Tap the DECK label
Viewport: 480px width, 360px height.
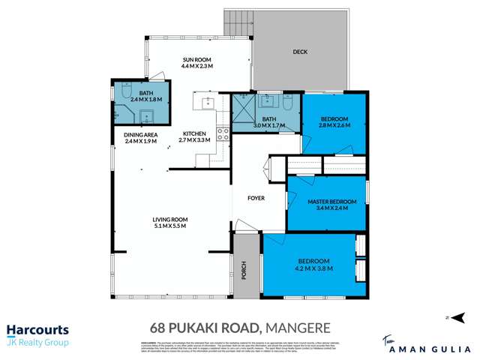click(300, 52)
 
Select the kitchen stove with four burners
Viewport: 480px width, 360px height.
click(223, 134)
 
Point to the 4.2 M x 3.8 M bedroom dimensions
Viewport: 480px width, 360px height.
click(314, 268)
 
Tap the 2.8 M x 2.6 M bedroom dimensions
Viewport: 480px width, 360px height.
click(335, 126)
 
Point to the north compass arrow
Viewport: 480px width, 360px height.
click(448, 318)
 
